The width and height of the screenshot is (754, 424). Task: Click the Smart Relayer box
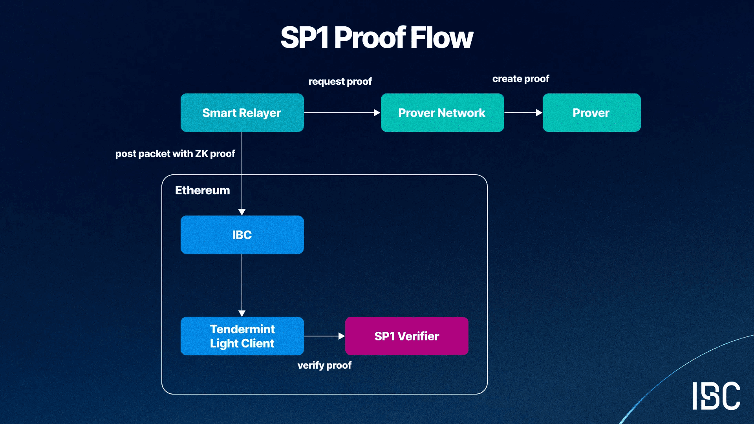242,113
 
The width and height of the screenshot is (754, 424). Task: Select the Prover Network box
442,113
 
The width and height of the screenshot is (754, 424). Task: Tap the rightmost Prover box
591,113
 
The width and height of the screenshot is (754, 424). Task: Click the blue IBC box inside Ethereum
242,235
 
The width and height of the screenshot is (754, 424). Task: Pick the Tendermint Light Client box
242,336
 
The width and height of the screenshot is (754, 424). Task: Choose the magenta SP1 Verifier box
406,336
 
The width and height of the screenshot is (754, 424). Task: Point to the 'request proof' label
340,82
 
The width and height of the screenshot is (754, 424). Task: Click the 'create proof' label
521,79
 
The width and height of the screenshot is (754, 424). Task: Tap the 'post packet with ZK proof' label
175,154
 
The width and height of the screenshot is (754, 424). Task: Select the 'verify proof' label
324,366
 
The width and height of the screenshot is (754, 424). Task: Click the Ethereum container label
202,190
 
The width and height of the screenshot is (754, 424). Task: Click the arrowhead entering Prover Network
377,113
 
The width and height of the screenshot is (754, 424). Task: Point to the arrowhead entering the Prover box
539,113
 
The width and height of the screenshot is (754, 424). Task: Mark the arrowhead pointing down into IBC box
242,212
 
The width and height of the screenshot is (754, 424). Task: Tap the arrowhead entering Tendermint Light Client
242,313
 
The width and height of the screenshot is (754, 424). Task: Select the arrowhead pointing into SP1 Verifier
342,336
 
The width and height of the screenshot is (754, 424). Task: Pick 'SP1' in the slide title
304,38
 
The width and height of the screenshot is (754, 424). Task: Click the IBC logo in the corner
716,396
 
